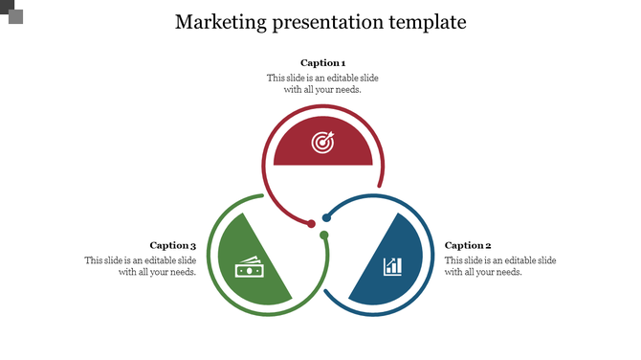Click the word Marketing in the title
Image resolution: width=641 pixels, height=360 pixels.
[215, 21]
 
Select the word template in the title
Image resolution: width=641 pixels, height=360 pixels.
[424, 21]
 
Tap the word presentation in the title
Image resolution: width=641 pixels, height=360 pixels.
[320, 22]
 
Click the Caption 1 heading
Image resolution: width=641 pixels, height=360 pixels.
[322, 63]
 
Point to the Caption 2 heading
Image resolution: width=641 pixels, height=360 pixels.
[468, 246]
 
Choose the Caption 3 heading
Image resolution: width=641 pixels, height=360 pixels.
[173, 246]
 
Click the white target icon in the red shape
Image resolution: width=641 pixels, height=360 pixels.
[322, 144]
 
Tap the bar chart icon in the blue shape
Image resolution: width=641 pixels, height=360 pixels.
[392, 265]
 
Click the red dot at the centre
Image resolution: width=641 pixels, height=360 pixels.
[311, 224]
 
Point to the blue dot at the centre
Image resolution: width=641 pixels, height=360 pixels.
[326, 218]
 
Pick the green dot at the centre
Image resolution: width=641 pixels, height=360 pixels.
[324, 235]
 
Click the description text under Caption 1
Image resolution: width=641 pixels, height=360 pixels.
[322, 83]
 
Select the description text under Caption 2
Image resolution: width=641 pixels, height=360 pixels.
[500, 266]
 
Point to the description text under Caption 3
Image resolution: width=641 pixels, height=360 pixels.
[141, 266]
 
